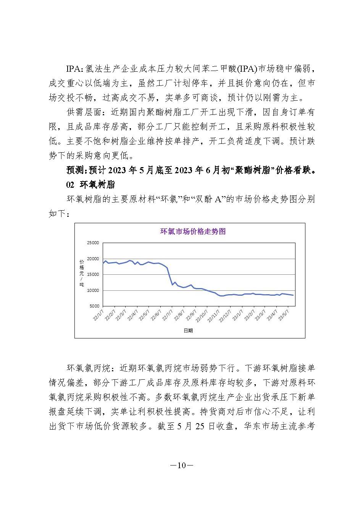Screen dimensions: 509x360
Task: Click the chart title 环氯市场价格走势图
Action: coord(192,232)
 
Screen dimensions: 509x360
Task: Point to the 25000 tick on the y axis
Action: coord(93,243)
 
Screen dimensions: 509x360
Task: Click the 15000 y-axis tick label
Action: coord(93,275)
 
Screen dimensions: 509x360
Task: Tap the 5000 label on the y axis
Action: coord(94,306)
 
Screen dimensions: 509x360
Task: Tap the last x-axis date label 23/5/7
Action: coord(284,315)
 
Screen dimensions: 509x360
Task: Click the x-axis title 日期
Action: coord(188,330)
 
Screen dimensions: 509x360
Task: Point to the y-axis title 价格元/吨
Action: coord(82,273)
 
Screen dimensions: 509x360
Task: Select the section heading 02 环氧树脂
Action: coord(90,185)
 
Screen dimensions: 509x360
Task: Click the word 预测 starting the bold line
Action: coord(74,170)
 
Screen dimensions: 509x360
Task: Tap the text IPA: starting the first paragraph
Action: coord(75,69)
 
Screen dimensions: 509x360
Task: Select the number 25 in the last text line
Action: coord(201,426)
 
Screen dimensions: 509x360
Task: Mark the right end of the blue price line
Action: coord(293,295)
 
